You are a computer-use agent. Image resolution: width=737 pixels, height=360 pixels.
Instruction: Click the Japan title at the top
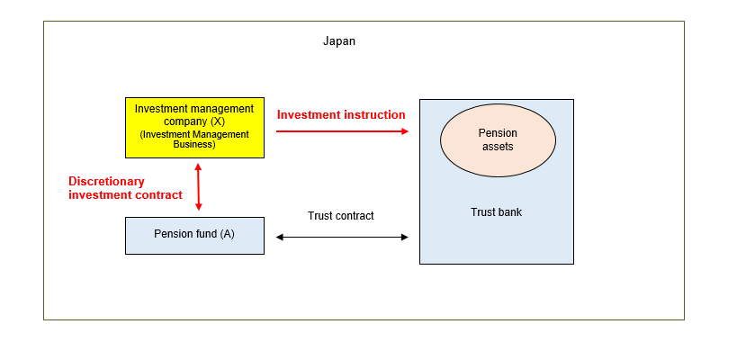point(339,41)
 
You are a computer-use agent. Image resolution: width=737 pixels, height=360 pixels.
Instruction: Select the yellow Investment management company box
point(194,127)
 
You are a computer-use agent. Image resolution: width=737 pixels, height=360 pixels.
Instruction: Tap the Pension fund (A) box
point(194,235)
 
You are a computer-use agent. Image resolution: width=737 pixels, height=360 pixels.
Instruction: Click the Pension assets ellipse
point(497,139)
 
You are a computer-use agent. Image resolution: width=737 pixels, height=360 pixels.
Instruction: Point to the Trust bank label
point(496,212)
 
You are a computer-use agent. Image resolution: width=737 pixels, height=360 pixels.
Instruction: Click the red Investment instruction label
point(341,115)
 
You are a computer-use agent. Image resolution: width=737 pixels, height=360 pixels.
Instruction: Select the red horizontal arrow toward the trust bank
point(342,131)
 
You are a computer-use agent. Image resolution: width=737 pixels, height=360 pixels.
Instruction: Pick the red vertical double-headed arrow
point(198,187)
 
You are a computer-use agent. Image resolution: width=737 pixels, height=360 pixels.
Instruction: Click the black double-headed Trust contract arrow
point(342,237)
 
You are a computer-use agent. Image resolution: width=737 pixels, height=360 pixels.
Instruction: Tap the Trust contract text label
point(340,216)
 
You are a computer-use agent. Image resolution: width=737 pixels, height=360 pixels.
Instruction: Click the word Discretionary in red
point(107,181)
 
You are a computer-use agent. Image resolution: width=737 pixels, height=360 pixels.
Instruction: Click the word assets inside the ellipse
point(498,147)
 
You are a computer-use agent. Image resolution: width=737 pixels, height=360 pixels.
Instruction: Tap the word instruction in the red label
point(372,115)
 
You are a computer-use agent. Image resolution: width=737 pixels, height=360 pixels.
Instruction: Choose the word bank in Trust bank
point(509,212)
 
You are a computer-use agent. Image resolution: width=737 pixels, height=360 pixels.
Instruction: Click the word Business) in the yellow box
point(194,144)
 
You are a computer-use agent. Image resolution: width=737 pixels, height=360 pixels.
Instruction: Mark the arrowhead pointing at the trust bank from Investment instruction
point(404,131)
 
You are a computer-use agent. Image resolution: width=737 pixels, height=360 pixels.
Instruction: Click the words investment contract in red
point(125,195)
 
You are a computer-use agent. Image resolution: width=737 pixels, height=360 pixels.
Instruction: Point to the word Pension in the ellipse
point(498,133)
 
